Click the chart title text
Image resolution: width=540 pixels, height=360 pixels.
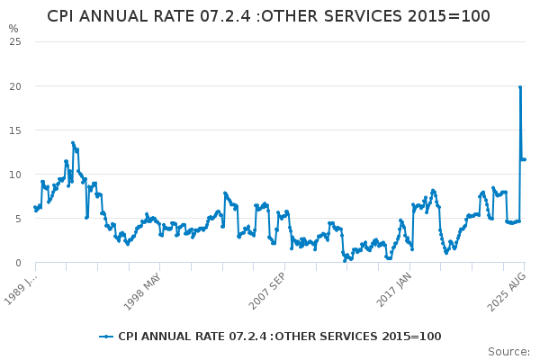pyautogui.click(x=268, y=16)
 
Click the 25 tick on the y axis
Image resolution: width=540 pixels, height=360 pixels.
pyautogui.click(x=16, y=41)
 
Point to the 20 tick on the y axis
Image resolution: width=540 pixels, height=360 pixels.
pyautogui.click(x=16, y=85)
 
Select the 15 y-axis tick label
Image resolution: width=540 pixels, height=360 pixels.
pyautogui.click(x=16, y=130)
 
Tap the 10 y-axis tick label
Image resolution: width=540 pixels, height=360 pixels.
pyautogui.click(x=16, y=174)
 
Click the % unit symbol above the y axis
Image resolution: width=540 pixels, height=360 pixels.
pyautogui.click(x=13, y=29)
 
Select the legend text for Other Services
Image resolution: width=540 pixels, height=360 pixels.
pyautogui.click(x=279, y=337)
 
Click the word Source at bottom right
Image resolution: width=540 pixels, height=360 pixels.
pyautogui.click(x=508, y=351)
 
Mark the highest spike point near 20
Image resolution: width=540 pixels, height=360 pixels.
pyautogui.click(x=520, y=87)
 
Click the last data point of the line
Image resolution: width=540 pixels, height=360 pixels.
pyautogui.click(x=525, y=159)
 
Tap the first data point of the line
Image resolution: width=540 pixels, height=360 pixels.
pyautogui.click(x=35, y=208)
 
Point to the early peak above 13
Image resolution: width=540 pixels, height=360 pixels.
pyautogui.click(x=73, y=143)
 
